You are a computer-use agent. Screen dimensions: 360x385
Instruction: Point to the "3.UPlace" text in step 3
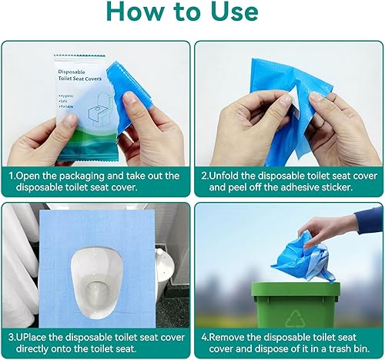tap(32, 337)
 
